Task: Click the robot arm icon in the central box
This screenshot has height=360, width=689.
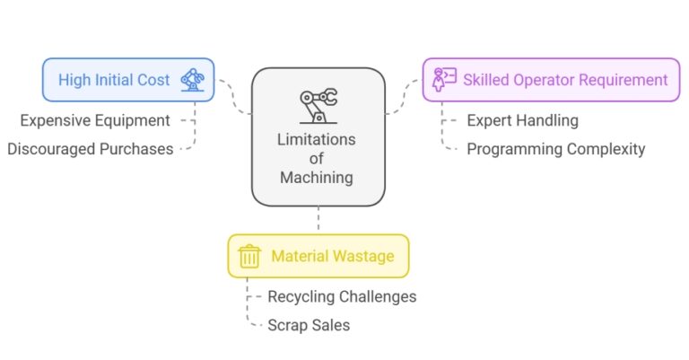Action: pos(318,104)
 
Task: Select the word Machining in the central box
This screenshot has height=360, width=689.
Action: pos(317,178)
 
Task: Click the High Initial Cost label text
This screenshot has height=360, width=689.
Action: pos(114,80)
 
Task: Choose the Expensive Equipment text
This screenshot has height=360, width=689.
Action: pos(96,119)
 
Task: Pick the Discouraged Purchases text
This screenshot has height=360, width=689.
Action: pos(90,149)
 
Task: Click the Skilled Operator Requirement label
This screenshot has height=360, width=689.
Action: pos(565,80)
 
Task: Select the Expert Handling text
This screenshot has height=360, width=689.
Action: pos(522,119)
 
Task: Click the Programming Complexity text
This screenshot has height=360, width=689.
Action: pos(555,149)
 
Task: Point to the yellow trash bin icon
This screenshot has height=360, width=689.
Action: pos(250,256)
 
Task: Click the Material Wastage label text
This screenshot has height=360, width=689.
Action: pos(332,256)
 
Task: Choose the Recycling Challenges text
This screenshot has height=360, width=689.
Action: pos(342,296)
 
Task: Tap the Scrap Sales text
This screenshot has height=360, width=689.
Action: pos(309,325)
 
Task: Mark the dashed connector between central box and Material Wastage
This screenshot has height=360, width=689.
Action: pos(318,220)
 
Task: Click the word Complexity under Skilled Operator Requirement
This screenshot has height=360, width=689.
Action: pos(603,149)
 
